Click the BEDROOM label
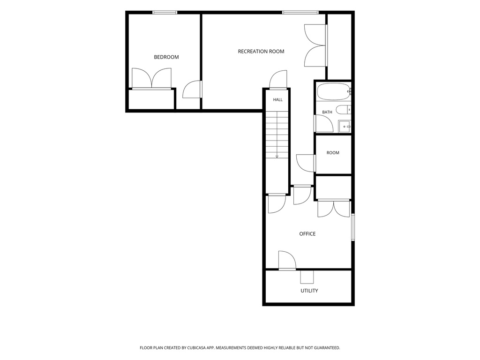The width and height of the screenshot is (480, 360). [166, 57]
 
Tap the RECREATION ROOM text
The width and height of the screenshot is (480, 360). [261, 52]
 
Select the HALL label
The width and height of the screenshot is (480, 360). [278, 99]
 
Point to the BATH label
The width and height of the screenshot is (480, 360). [327, 112]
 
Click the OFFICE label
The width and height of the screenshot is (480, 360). [307, 234]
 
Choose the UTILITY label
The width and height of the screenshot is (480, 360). [309, 291]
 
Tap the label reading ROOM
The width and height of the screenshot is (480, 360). [333, 153]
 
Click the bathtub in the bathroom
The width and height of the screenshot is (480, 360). [334, 91]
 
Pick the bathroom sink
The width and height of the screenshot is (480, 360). [345, 127]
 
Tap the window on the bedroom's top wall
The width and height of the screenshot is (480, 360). [165, 13]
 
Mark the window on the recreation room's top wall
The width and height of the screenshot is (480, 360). [300, 13]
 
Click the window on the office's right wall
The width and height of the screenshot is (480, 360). [353, 227]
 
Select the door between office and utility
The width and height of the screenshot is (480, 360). [287, 261]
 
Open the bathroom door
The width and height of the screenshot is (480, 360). [323, 123]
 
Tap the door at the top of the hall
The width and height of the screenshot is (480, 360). [278, 80]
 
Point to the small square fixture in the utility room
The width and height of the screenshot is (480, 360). [307, 277]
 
